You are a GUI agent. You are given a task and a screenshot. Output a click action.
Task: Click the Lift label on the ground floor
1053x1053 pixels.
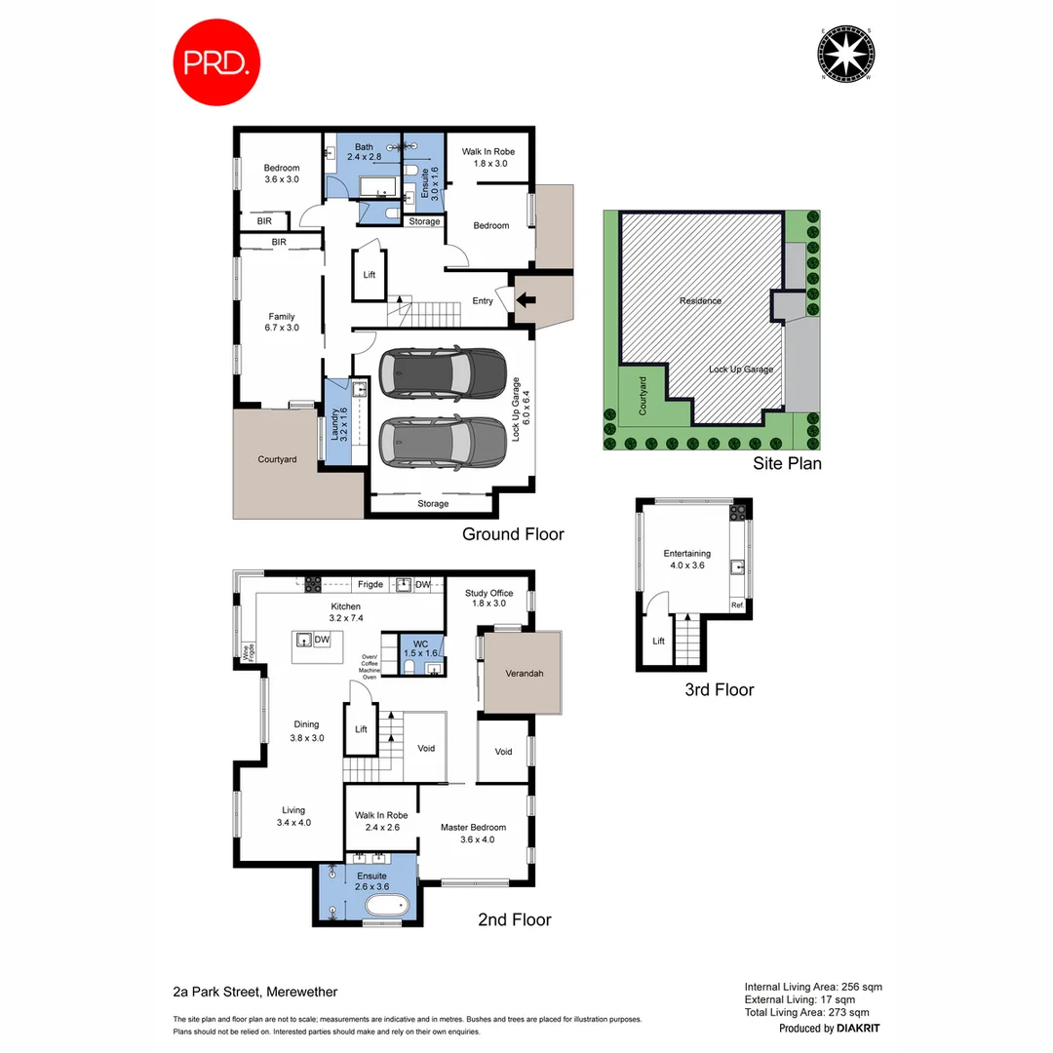tap(370, 275)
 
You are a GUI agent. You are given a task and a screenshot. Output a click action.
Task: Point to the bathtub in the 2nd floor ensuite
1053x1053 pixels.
tap(389, 909)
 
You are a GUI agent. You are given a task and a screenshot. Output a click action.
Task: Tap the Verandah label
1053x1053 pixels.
tap(524, 674)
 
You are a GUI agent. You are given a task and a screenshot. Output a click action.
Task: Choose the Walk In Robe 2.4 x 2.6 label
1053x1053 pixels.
tap(381, 821)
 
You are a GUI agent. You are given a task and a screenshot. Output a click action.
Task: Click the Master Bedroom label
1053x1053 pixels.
tap(473, 834)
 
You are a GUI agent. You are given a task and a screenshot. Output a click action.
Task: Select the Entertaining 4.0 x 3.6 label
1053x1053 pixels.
tap(687, 560)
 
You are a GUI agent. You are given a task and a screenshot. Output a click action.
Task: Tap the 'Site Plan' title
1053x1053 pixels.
tap(787, 464)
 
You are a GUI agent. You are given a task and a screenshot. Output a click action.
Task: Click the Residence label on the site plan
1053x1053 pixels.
tap(700, 301)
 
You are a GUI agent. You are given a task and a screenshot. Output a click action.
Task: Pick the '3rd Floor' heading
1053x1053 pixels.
tap(720, 689)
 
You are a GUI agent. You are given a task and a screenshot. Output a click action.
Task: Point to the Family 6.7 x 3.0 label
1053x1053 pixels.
tap(283, 322)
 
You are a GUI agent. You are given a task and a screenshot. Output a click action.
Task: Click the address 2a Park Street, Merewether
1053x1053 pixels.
tap(249, 993)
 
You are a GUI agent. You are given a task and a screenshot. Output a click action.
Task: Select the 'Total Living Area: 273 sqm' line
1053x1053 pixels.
tap(813, 1013)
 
